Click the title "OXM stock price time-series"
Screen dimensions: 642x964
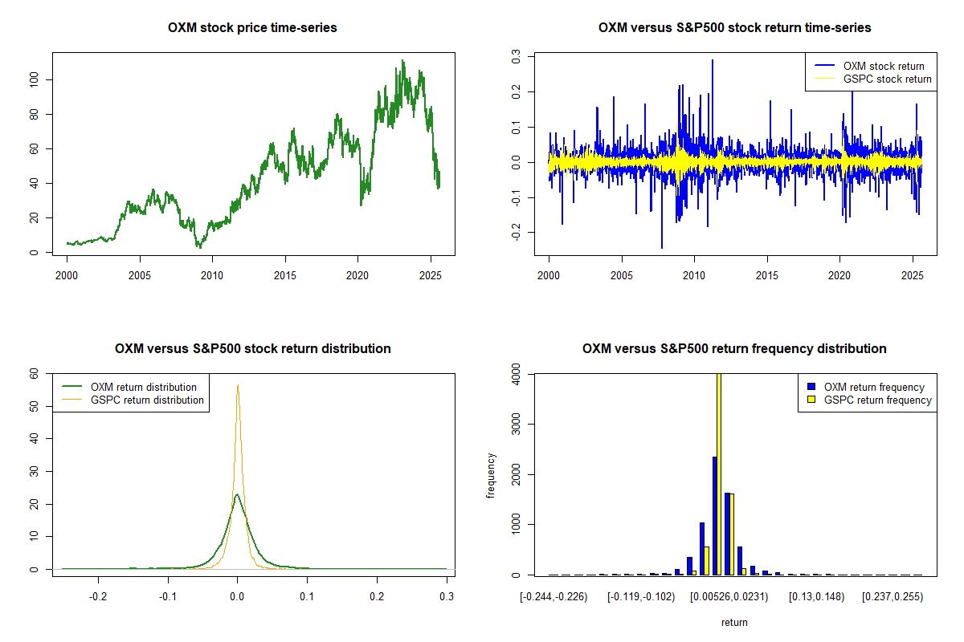pyautogui.click(x=252, y=28)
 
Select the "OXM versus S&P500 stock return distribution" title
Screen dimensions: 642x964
pyautogui.click(x=252, y=349)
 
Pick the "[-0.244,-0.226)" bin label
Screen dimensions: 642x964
pyautogui.click(x=553, y=597)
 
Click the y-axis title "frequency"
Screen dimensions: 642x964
pyautogui.click(x=491, y=476)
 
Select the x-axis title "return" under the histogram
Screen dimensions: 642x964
pyautogui.click(x=734, y=622)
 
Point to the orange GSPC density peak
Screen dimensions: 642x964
pyautogui.click(x=238, y=385)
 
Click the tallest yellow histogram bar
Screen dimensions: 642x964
pyautogui.click(x=718, y=473)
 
